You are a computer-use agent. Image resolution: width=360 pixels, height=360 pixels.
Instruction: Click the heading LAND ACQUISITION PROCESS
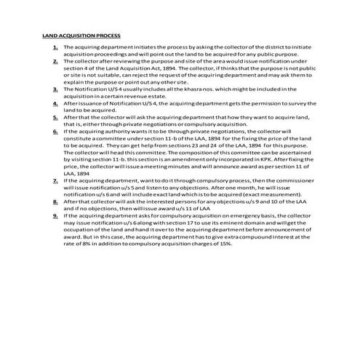(x=81, y=34)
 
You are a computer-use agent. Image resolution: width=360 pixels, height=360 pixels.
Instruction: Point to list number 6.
(x=55, y=131)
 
